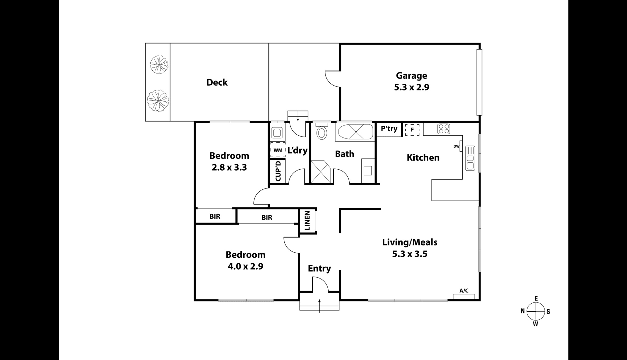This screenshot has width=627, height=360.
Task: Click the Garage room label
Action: pos(411,76)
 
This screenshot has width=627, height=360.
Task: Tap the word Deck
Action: pos(217,82)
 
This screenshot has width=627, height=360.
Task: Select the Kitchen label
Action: pos(423,158)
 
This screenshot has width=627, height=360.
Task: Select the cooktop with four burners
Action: pos(444,129)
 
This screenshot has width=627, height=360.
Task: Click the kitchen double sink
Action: pos(470,158)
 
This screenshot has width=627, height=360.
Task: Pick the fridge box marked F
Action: pos(412,130)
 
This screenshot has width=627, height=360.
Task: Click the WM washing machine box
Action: pos(278,150)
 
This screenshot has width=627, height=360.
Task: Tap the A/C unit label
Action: pos(464,291)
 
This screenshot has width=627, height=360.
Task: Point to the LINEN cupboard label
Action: pos(307,221)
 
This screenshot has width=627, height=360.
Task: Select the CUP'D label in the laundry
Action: pos(278,171)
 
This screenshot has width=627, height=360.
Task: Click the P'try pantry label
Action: pos(389,129)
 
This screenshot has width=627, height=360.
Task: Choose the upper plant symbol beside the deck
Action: pos(159,65)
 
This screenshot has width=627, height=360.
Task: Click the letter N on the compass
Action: pos(523,311)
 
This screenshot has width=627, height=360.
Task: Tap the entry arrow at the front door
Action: pos(319,306)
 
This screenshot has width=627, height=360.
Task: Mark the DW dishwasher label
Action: pos(456,146)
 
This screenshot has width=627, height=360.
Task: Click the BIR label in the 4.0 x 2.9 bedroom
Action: pos(267,218)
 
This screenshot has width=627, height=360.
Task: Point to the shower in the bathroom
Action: pos(321,172)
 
